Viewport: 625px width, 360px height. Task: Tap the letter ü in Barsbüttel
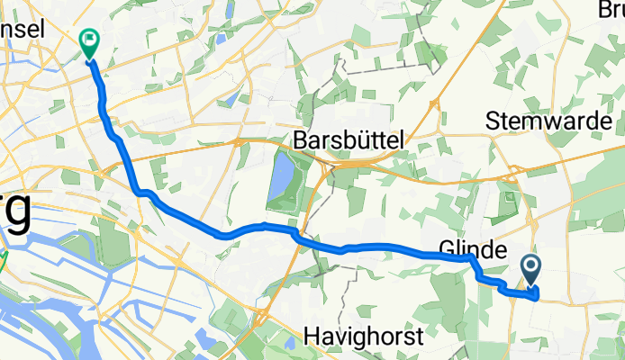(x=365, y=139)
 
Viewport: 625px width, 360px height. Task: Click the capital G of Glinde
(x=446, y=248)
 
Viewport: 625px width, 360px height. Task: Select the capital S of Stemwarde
(x=494, y=120)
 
